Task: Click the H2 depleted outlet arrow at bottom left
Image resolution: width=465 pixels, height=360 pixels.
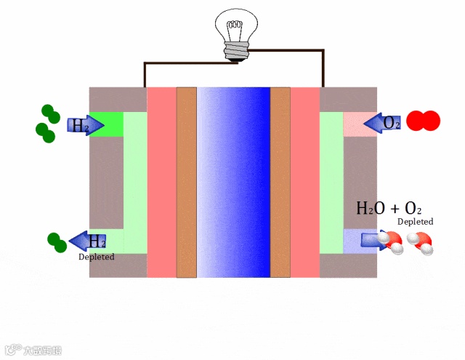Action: point(88,241)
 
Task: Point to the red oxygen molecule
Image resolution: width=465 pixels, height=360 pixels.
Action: point(423,121)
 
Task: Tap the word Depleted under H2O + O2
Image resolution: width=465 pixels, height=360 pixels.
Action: point(416,221)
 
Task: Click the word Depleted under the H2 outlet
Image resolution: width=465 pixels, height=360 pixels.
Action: point(96,257)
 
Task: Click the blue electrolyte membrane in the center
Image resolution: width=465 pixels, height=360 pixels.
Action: point(233,182)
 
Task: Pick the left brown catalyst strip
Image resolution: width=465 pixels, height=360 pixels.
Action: point(187,182)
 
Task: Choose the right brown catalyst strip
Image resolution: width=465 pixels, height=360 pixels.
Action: point(280,182)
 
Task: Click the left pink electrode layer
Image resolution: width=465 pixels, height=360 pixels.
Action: point(161,182)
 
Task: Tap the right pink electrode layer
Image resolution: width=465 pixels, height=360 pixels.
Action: point(305,182)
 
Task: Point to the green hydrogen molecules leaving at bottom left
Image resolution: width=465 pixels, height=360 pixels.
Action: point(55,241)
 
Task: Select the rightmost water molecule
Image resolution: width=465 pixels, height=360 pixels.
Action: point(422,243)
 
